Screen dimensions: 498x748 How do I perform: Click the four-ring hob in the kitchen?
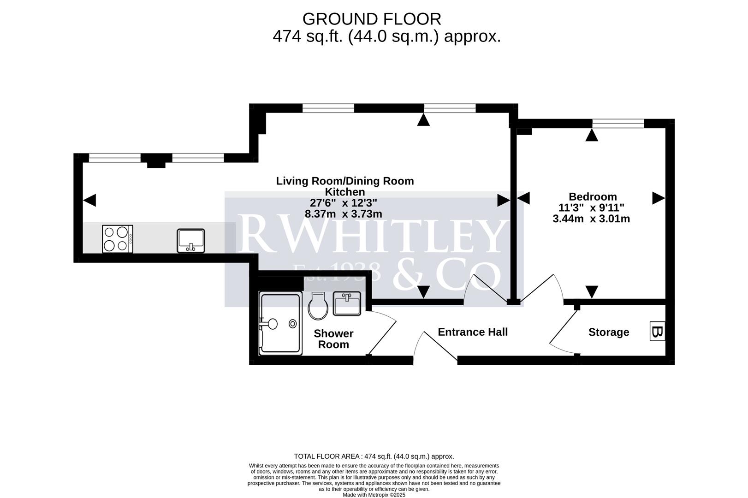(118, 239)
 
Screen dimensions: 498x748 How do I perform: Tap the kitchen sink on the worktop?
(191, 241)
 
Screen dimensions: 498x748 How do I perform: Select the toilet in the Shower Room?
(318, 307)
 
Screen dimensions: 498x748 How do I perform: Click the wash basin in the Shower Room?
(347, 304)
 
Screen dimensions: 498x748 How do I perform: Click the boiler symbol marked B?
(657, 332)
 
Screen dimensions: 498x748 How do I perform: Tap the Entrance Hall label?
(473, 332)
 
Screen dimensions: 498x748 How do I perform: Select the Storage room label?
(608, 332)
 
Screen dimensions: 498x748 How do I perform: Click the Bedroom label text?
(593, 197)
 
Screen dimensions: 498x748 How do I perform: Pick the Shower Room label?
(333, 339)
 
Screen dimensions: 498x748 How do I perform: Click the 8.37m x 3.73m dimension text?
(344, 214)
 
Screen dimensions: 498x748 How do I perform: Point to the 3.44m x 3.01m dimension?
(591, 219)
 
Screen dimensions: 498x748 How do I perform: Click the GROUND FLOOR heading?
(372, 19)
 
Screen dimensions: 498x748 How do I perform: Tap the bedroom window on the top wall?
(618, 123)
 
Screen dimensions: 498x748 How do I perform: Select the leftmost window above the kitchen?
(114, 158)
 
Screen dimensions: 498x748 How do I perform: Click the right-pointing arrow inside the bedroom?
(659, 198)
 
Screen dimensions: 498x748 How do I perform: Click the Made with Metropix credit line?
(374, 495)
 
